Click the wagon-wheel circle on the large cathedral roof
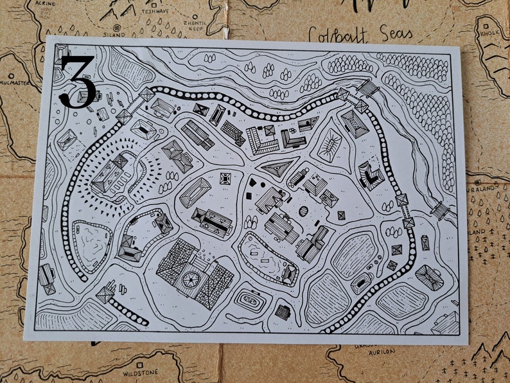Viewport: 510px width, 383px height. click(191, 280)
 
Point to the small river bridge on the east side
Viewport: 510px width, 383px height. click(440, 210)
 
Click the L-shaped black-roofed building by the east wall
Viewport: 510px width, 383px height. click(371, 175)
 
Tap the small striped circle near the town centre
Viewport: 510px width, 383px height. click(303, 211)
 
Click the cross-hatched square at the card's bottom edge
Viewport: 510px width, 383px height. click(283, 312)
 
